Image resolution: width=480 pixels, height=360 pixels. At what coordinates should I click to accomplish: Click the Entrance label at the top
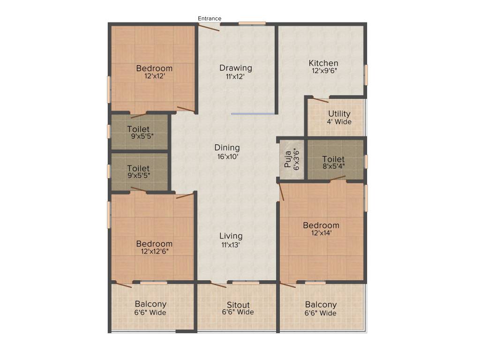209,19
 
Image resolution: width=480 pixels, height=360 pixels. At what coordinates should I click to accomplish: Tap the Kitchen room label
323,63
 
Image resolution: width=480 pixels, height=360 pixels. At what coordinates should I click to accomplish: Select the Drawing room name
235,68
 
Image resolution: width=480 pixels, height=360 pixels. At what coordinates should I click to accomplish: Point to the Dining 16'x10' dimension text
227,157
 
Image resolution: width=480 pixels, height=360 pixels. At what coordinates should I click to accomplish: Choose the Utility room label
339,114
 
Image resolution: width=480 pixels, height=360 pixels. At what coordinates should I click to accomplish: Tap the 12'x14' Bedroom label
321,225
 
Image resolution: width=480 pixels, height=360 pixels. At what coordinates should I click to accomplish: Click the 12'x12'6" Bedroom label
154,244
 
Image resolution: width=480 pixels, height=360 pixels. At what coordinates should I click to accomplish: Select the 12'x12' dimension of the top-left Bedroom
154,76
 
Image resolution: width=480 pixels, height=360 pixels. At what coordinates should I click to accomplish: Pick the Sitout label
238,305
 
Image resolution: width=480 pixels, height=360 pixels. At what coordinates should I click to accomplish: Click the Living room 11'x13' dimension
231,245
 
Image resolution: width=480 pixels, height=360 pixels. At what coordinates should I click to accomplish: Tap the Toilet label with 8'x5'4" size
333,159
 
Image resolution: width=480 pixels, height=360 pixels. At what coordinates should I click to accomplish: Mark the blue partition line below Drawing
253,113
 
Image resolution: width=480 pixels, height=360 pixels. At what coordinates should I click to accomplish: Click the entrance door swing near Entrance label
209,28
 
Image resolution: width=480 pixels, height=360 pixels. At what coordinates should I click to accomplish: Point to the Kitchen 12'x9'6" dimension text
323,72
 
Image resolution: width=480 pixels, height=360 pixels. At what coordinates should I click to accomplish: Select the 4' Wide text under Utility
339,122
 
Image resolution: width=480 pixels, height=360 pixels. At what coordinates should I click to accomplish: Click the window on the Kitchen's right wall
366,75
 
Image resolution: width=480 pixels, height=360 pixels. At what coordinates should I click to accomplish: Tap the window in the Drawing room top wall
252,23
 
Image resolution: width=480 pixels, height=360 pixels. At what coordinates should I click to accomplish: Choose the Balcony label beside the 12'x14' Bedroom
321,305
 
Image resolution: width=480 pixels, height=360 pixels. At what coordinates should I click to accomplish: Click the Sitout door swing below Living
218,285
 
